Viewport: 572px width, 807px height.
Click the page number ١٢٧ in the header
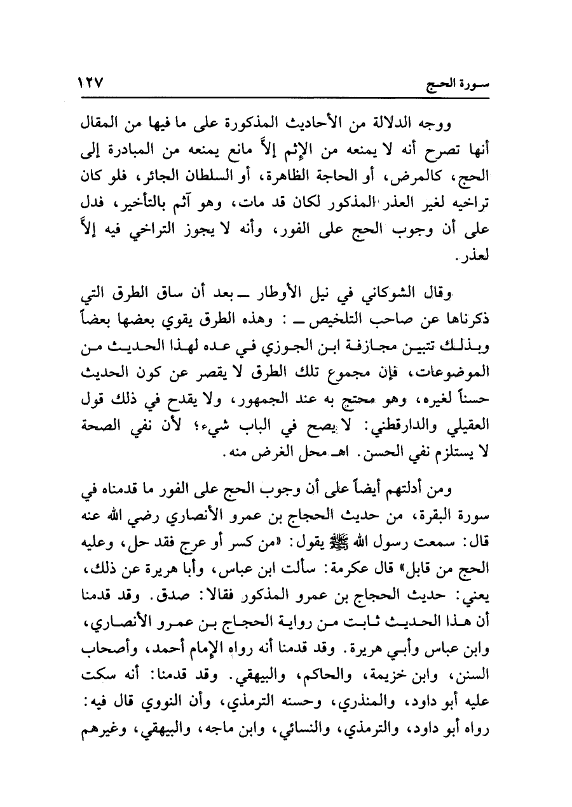(x=91, y=83)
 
